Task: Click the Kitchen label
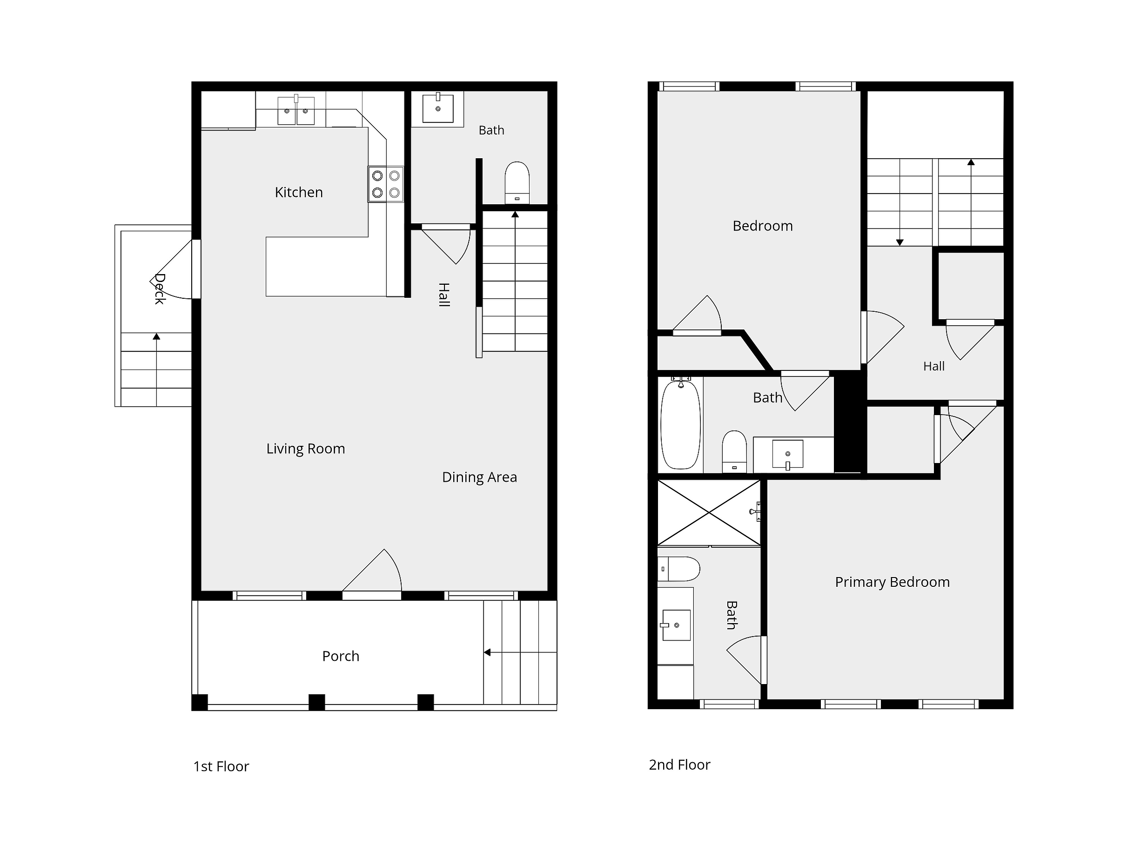(299, 192)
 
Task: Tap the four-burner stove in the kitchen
(385, 184)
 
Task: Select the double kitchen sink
(296, 110)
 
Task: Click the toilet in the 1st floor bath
(517, 183)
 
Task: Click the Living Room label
(305, 449)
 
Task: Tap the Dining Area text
(479, 477)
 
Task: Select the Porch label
(341, 656)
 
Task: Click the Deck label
(160, 289)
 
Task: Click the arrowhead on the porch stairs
(487, 652)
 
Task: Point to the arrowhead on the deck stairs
(156, 336)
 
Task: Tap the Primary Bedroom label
(893, 582)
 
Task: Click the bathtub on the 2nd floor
(681, 424)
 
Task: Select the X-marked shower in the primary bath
(709, 513)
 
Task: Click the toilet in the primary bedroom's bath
(679, 569)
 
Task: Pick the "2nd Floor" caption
(679, 765)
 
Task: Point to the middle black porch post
(317, 702)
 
